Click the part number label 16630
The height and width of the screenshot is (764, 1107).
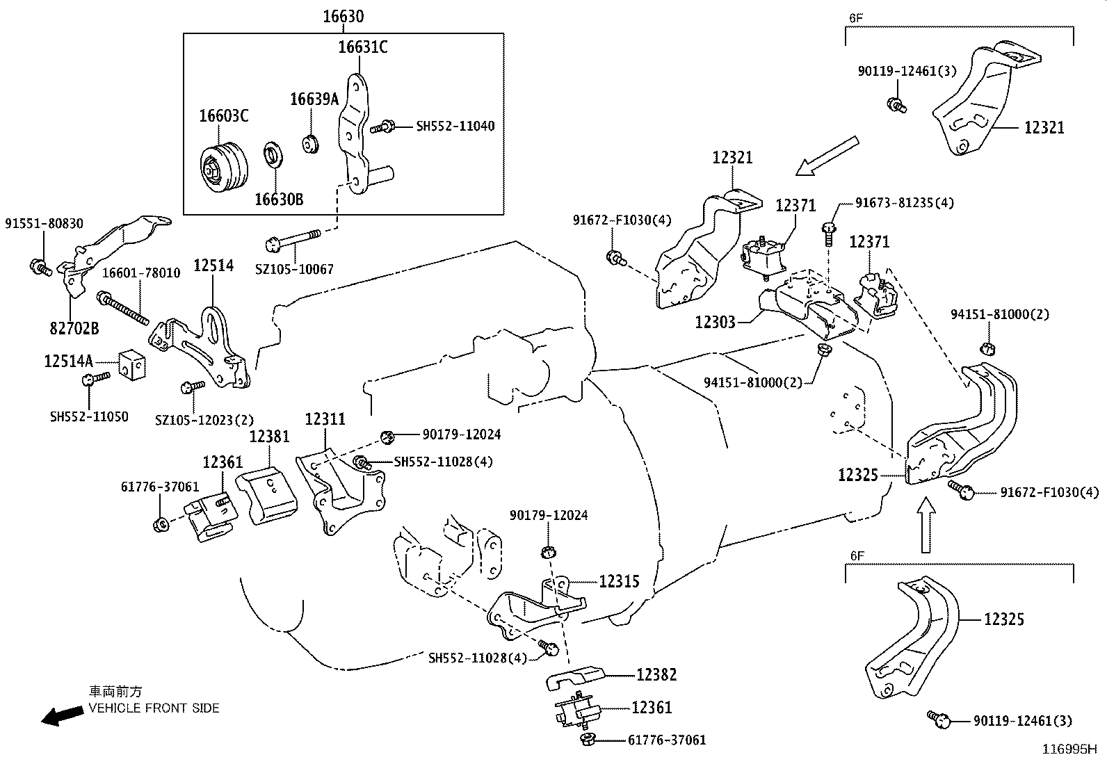[344, 16]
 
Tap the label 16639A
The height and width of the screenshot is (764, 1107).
[314, 99]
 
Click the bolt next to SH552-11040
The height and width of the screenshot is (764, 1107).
[382, 127]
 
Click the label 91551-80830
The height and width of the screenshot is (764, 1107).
[44, 224]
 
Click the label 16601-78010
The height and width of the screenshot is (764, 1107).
[141, 273]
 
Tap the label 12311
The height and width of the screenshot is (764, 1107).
[325, 418]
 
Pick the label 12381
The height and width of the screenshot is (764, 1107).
[269, 436]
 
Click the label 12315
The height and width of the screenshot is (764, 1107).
[619, 581]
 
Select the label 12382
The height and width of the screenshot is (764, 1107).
[656, 674]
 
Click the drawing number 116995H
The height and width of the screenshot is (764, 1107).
[1069, 749]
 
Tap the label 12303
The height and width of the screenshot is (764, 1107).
[716, 322]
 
